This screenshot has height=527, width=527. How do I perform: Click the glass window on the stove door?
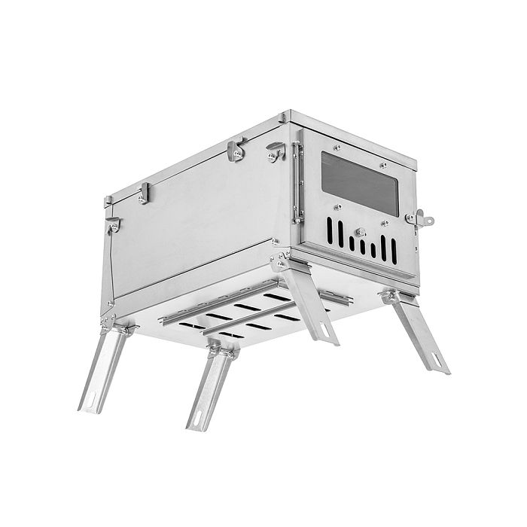(358, 183)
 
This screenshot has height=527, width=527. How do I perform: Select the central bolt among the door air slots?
(361, 233)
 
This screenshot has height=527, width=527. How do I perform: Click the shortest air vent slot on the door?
(361, 246)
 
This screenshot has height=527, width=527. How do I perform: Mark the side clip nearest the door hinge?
(274, 154)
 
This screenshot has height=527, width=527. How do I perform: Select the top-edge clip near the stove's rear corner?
(143, 196)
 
